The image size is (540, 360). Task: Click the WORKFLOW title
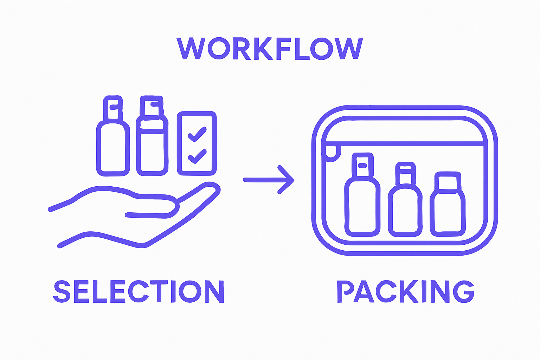point(269,48)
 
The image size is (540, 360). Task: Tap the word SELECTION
point(139,291)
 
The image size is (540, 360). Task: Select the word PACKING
point(405,291)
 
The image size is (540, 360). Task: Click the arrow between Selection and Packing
point(269,180)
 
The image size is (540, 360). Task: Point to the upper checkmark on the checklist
point(197,134)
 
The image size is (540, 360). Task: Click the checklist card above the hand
point(197,143)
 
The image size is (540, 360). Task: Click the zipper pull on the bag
point(333,153)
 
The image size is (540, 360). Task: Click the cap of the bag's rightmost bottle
point(448,182)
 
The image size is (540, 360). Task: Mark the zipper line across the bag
point(404,143)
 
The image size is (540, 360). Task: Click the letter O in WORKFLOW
point(219,48)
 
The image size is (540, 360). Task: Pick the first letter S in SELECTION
point(62,291)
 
